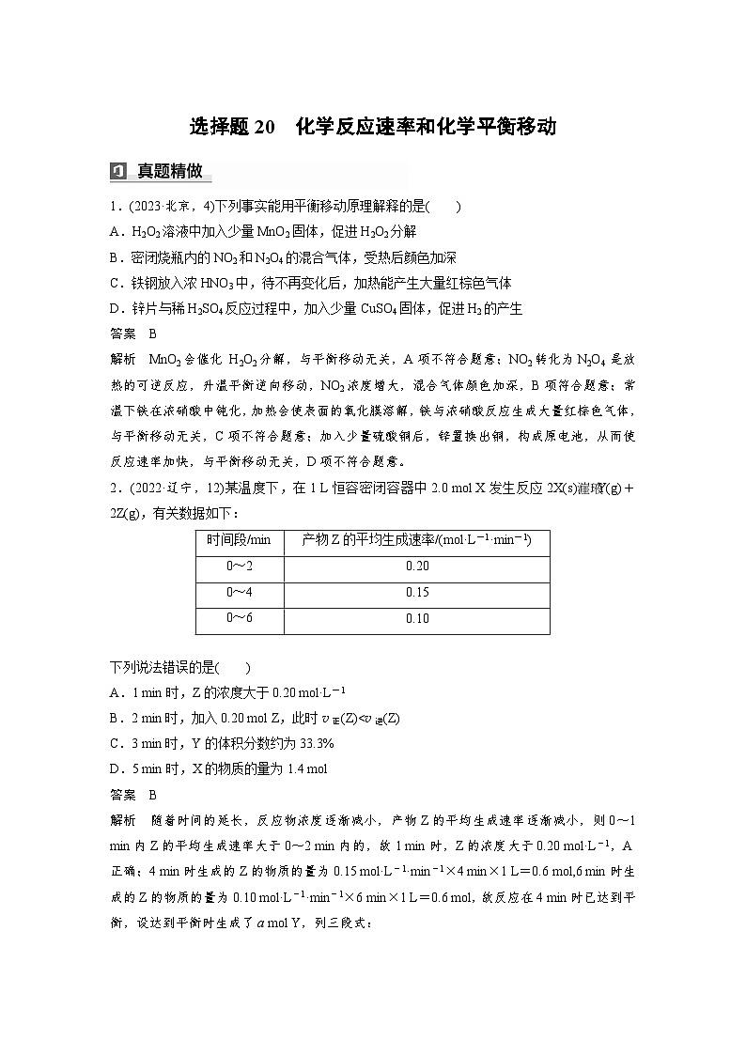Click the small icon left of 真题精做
coord(118,171)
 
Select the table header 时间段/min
coord(239,539)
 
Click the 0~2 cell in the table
coord(239,566)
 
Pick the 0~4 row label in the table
coord(239,592)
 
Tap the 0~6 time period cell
coord(239,618)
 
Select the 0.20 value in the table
coord(416,566)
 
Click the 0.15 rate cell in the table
coord(416,592)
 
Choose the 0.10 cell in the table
coord(416,618)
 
